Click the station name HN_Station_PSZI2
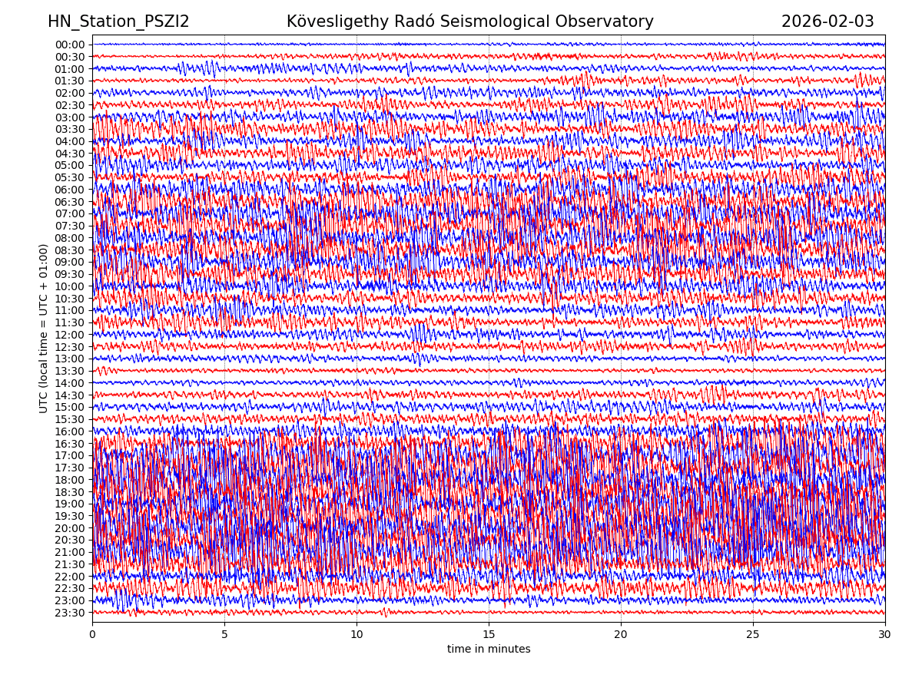118,22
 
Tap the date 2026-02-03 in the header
827,22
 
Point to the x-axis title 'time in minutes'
489,650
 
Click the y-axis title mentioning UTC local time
44,329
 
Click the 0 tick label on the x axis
92,634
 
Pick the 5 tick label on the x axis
224,634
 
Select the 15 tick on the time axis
489,634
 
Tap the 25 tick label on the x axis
753,634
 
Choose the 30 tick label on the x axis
885,634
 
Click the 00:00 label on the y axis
70,45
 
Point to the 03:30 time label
70,129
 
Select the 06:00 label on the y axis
70,190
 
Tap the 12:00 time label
70,335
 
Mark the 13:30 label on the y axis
70,371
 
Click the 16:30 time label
70,444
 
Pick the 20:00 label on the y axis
70,528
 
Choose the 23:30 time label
70,613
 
